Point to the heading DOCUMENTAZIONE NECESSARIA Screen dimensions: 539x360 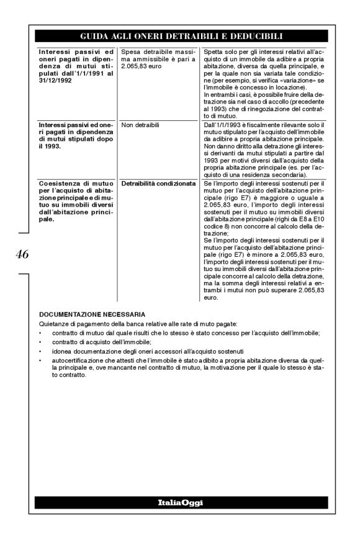click(91, 315)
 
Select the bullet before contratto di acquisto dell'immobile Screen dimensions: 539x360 click(40, 342)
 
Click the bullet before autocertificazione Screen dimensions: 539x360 click(40, 360)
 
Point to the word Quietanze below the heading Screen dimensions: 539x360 click(52, 324)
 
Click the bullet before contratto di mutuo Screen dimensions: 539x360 click(40, 333)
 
